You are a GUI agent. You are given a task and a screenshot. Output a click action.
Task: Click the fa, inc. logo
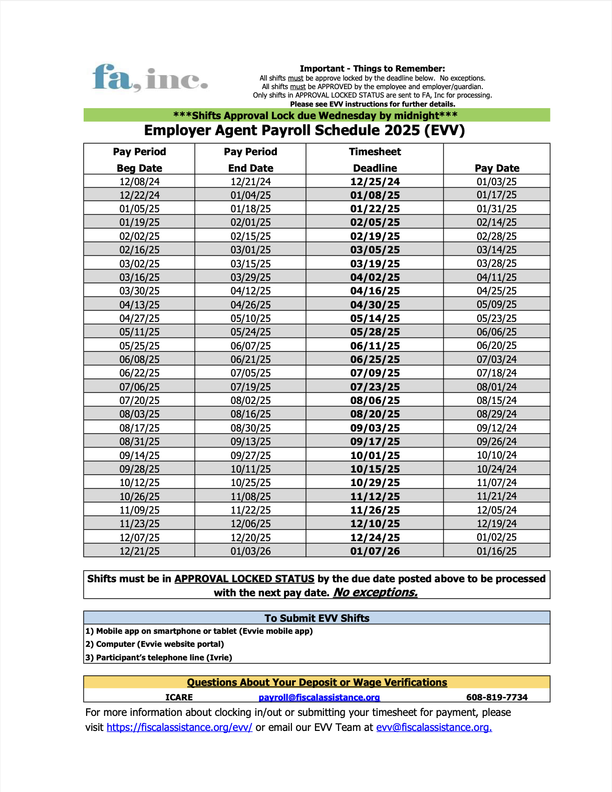tap(150, 78)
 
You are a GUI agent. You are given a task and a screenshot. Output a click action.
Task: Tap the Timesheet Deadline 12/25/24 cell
tap(375, 182)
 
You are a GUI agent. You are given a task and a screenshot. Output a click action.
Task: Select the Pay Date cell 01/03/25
tap(496, 182)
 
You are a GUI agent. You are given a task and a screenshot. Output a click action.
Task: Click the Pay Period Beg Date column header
tap(139, 160)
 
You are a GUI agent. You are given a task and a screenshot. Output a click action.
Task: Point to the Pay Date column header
tap(496, 168)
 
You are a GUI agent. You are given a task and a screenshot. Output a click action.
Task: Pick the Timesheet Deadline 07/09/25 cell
tap(375, 373)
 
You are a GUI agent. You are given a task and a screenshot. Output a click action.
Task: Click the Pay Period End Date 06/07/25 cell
tap(250, 346)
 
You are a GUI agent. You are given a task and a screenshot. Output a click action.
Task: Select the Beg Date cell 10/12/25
tap(139, 483)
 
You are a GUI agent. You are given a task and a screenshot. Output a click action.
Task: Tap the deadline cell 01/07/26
tap(375, 551)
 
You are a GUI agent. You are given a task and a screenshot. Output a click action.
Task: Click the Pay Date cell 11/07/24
tap(496, 483)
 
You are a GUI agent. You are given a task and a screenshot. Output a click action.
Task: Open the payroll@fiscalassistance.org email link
tap(319, 697)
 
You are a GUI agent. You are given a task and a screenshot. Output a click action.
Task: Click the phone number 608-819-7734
tap(496, 697)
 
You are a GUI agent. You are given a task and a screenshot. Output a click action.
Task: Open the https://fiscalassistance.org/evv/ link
tap(179, 727)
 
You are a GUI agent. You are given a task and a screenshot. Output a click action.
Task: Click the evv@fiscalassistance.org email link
tap(434, 727)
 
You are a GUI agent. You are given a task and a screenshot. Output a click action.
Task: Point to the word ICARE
tap(179, 697)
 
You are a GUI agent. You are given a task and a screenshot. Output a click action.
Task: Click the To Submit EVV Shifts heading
tap(317, 618)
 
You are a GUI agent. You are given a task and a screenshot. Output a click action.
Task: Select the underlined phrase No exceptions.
tap(375, 593)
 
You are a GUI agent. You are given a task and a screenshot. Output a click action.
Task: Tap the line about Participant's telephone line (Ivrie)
tap(159, 658)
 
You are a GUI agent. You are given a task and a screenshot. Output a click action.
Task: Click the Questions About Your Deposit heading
tap(317, 682)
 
